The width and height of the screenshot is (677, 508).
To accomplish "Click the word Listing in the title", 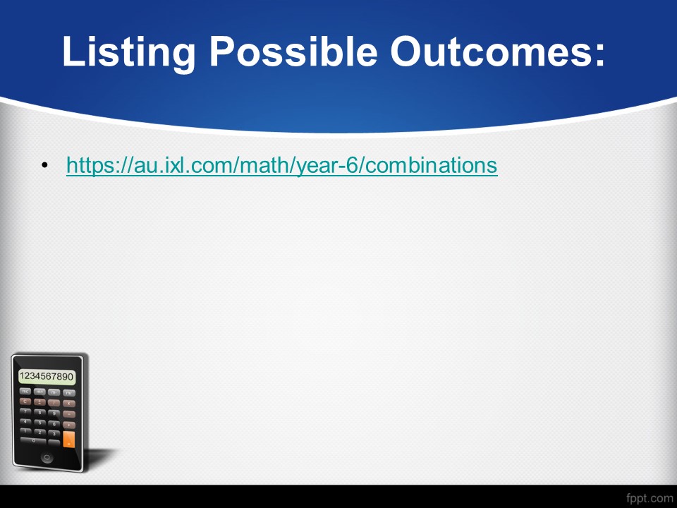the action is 128,52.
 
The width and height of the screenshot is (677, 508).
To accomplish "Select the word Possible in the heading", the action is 293,51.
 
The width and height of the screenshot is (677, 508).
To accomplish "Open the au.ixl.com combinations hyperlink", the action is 282,165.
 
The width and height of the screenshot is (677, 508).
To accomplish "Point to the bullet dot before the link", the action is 45,165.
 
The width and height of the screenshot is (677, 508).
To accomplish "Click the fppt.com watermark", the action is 649,498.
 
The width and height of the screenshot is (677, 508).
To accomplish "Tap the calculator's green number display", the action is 47,376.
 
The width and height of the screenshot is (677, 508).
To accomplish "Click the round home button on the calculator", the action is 47,457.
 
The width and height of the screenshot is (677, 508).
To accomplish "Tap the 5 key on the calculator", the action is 39,423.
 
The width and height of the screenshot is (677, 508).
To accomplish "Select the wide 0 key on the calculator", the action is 33,440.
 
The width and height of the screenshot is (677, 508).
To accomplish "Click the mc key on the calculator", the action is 25,392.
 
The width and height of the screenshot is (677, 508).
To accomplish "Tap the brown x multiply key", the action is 68,404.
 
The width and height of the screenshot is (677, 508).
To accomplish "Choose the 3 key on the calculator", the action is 54,433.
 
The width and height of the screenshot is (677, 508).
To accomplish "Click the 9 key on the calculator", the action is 54,413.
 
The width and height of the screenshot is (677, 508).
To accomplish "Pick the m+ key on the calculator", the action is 39,392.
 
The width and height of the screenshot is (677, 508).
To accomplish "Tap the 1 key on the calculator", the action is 25,430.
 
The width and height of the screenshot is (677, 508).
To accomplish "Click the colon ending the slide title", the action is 599,56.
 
